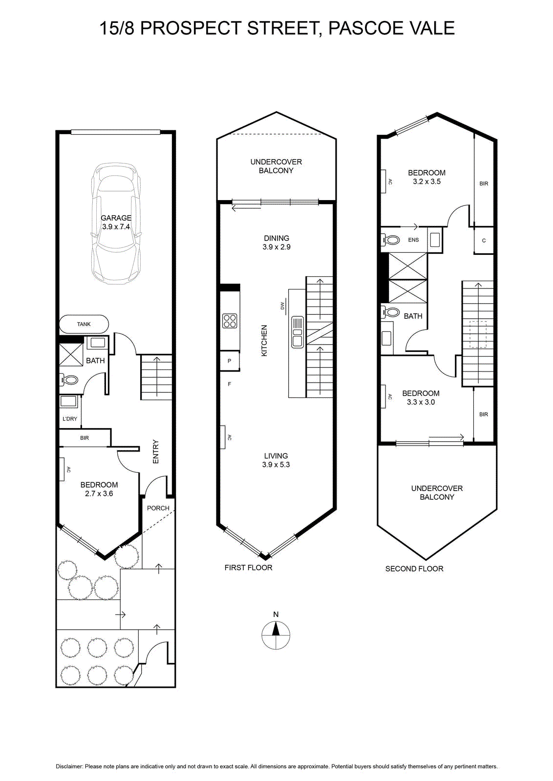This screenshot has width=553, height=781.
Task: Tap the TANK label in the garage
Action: click(84, 324)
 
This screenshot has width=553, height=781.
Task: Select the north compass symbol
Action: click(276, 635)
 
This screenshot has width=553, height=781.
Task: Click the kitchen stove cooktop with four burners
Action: click(230, 321)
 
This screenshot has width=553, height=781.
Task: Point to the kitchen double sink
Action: click(298, 332)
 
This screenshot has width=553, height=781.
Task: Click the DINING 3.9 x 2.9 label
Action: click(276, 243)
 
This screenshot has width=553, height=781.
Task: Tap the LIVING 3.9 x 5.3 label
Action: click(276, 460)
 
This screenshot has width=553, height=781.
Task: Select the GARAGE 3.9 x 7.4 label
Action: click(116, 222)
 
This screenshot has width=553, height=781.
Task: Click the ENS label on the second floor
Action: click(413, 240)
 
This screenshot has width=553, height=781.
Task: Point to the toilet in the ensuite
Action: click(390, 240)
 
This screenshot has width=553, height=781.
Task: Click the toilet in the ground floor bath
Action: click(69, 379)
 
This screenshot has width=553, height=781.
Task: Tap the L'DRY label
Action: click(70, 419)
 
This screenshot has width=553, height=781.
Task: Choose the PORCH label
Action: click(158, 508)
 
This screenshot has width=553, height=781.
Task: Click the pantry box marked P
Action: click(230, 361)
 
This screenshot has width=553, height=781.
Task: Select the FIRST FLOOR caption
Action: click(249, 568)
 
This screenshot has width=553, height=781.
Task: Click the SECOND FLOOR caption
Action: click(414, 569)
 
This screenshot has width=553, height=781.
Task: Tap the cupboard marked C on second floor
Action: click(484, 240)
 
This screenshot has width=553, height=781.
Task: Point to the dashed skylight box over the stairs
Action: click(478, 334)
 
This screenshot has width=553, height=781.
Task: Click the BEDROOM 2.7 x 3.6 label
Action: click(99, 489)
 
